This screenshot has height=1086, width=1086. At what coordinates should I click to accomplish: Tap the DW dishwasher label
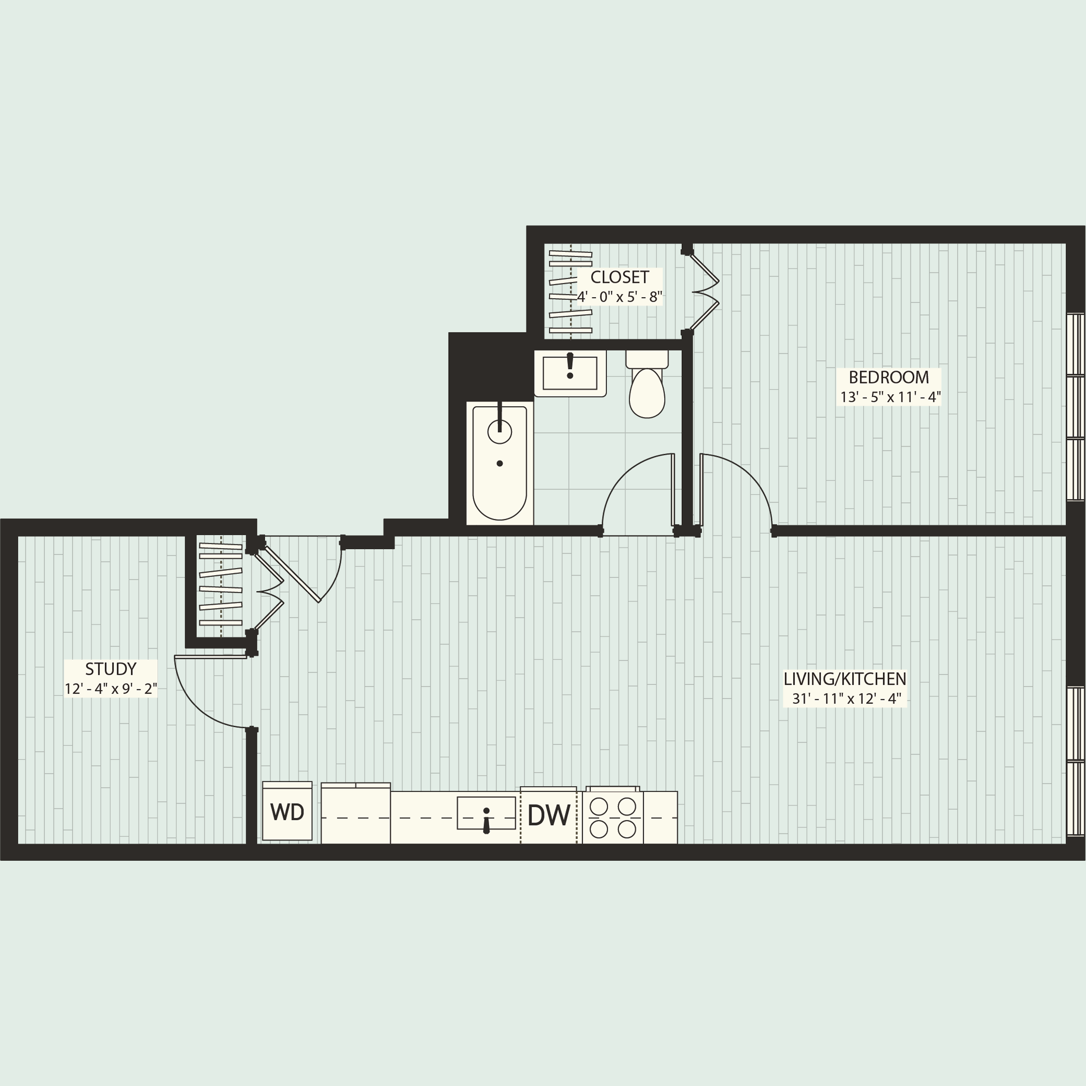549,816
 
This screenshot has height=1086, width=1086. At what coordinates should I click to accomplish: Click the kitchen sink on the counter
486,813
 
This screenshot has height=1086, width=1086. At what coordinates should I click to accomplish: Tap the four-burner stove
613,818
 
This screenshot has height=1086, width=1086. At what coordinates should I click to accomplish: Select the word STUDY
111,669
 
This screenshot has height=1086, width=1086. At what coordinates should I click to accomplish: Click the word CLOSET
619,277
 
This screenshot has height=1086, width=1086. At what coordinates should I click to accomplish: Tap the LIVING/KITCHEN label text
845,679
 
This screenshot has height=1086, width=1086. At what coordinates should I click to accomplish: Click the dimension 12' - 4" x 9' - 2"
111,689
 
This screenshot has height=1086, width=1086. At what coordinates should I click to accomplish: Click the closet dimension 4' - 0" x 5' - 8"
619,297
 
